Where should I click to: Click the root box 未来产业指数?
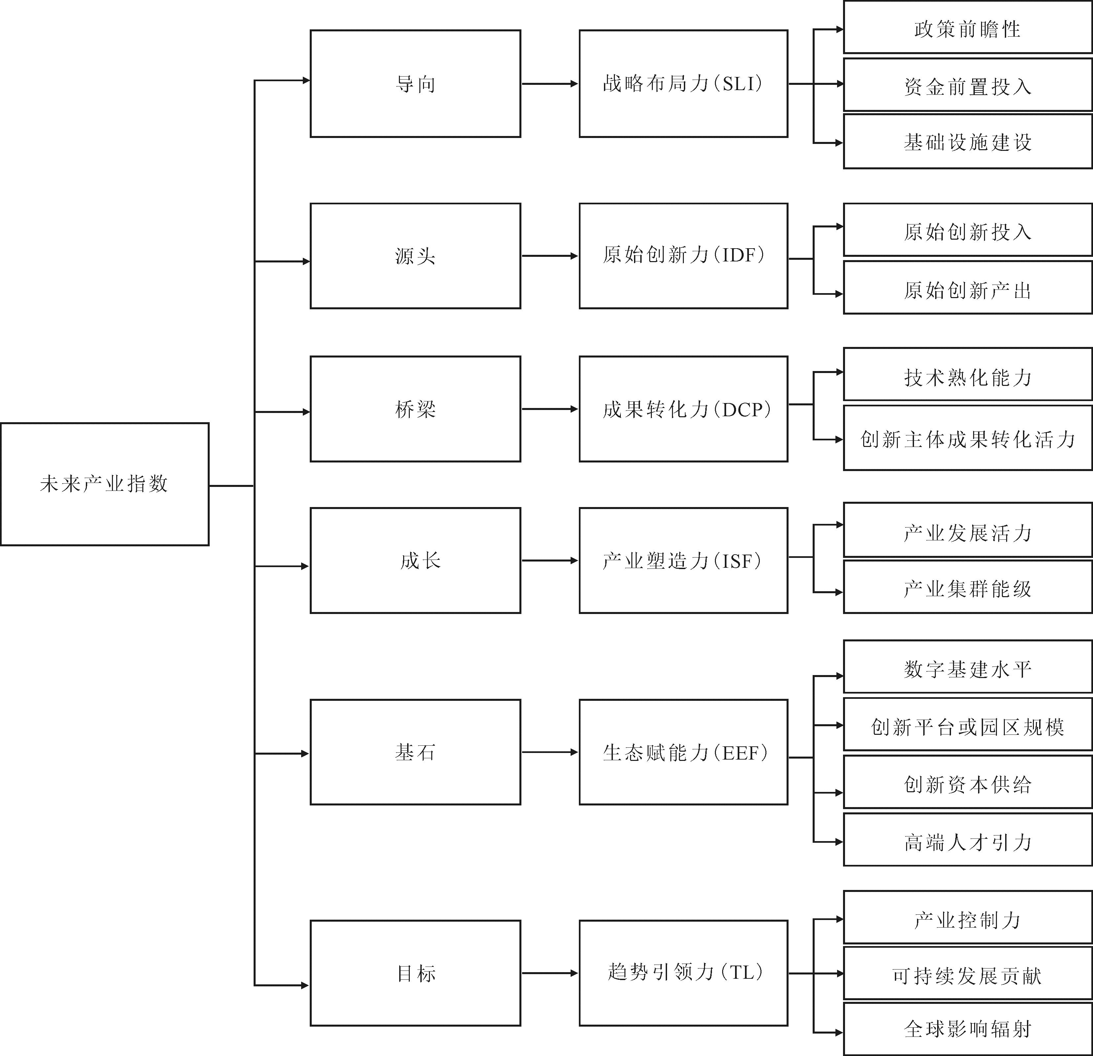[105, 484]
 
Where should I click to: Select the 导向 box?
[415, 84]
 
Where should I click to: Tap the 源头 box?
[415, 256]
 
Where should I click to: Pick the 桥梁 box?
[415, 409]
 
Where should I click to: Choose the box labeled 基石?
[415, 752]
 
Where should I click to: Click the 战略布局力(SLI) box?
[684, 84]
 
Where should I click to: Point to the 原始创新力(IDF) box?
[684, 256]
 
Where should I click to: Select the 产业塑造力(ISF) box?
[684, 560]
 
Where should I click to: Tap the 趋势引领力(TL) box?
[684, 973]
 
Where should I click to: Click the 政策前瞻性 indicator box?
[968, 27]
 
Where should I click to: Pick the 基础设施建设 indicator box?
[968, 142]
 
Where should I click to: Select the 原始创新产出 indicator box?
[968, 288]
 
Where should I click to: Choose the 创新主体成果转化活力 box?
[968, 438]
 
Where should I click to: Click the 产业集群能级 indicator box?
[968, 587]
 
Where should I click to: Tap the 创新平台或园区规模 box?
[968, 724]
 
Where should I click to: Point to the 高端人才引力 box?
[968, 840]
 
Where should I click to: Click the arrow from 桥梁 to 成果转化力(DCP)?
[550, 409]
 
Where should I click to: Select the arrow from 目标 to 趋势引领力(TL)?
[550, 973]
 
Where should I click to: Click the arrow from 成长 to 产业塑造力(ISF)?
[550, 560]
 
